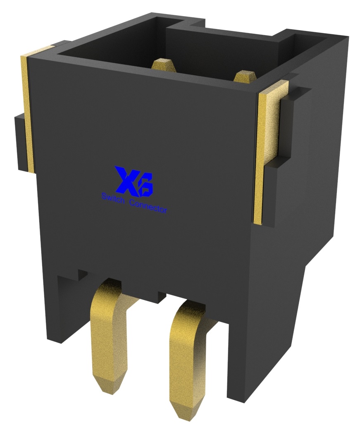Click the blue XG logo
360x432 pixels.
coord(134,181)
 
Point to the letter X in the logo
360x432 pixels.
coord(126,180)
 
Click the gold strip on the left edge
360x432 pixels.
coord(26,112)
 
